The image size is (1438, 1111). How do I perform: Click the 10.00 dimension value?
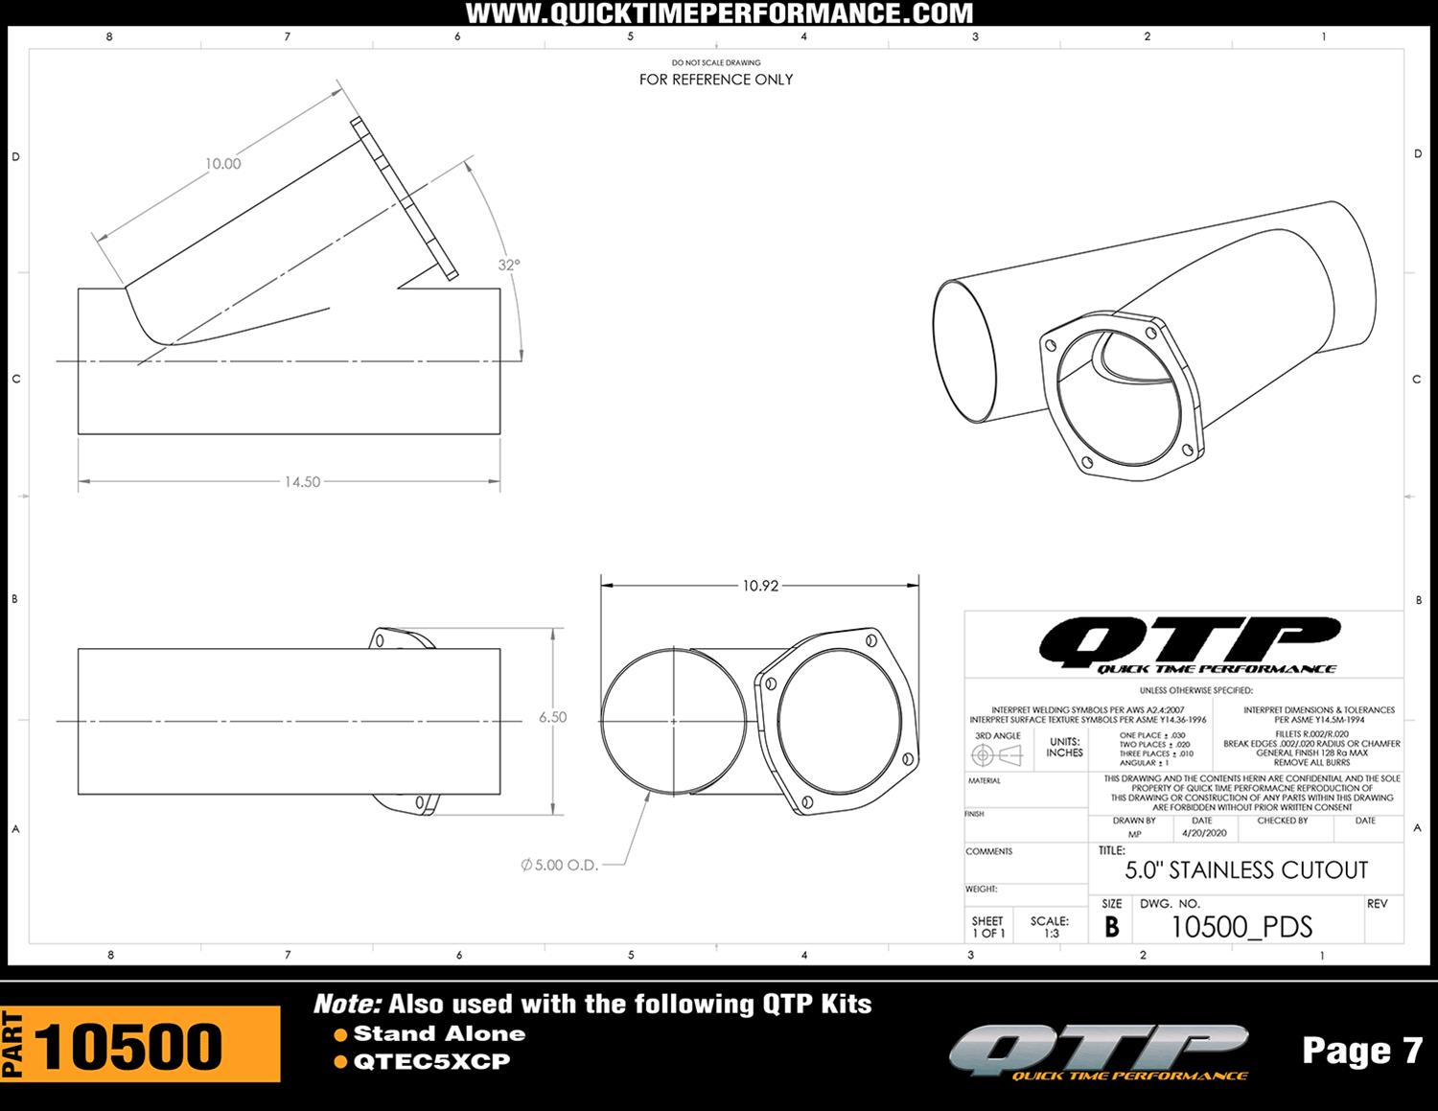pos(222,164)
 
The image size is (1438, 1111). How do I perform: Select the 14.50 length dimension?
pos(302,481)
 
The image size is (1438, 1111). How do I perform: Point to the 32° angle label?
pos(509,265)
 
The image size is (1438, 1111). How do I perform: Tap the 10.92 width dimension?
pos(760,586)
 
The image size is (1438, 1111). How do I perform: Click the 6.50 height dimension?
pos(552,717)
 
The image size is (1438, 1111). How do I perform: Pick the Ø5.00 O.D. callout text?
pos(560,865)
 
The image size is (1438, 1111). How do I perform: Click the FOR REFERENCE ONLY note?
pos(716,80)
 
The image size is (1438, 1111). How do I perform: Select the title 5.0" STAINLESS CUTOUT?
pos(1245,870)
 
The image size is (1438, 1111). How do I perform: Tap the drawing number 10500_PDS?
pos(1241,927)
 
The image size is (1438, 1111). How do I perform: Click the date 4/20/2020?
pos(1204,834)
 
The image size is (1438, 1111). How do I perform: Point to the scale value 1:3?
pos(1051,933)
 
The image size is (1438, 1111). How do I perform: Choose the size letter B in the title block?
pos(1111,927)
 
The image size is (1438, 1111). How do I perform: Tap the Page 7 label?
pos(1361,1051)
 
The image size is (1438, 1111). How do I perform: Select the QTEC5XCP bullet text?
pos(431,1062)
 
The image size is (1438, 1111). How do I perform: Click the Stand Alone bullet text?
pos(439,1033)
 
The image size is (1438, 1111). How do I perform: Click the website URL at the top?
pos(719,13)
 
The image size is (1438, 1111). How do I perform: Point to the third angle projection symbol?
pos(996,755)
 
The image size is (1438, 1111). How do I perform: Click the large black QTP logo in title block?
pos(1189,643)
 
